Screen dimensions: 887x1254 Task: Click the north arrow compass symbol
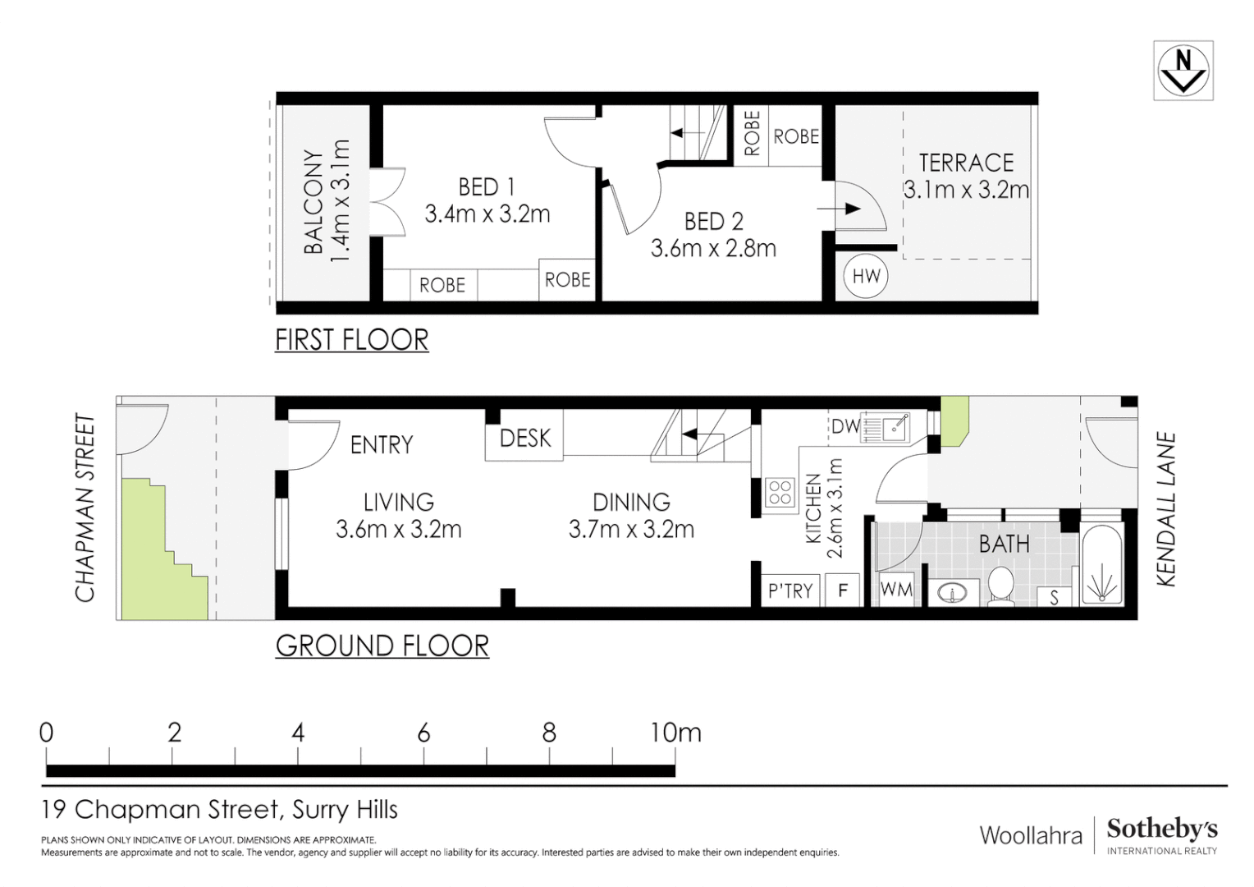[1183, 71]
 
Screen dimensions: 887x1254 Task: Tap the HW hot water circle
[866, 276]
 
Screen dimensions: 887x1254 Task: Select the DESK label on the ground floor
[525, 439]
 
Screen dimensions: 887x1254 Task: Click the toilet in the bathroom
[1000, 586]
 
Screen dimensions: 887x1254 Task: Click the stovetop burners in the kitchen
[780, 493]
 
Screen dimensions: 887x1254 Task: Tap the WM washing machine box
[895, 590]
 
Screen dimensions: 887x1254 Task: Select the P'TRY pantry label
[789, 591]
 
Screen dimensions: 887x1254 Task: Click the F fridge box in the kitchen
[842, 591]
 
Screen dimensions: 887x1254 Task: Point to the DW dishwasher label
[844, 426]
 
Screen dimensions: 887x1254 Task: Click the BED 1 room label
[487, 187]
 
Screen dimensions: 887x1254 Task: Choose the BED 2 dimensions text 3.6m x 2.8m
[713, 248]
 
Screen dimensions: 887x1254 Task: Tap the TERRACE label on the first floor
[966, 163]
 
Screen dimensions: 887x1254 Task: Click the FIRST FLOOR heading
[351, 340]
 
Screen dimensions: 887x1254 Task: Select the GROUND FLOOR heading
[382, 646]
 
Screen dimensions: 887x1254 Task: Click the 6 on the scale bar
[423, 733]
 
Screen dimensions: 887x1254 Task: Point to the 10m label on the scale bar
[675, 733]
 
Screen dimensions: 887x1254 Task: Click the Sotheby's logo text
[1161, 830]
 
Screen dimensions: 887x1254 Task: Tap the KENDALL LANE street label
[1166, 509]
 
